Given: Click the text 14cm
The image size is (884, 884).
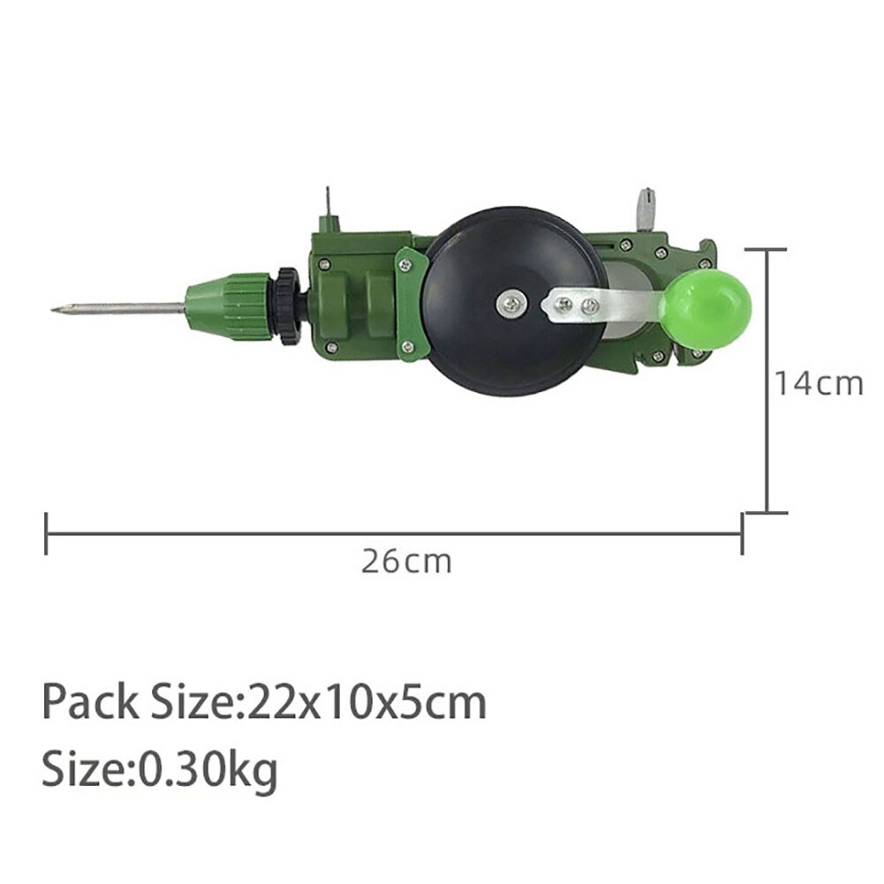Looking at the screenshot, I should tap(819, 384).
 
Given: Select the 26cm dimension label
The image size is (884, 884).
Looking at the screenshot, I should tap(405, 562).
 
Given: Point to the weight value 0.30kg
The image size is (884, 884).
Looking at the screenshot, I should tap(206, 770).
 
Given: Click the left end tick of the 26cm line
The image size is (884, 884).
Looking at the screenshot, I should tap(46, 534).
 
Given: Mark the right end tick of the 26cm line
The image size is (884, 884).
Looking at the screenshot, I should tap(742, 534).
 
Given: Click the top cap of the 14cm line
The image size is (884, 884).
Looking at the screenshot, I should tap(765, 251).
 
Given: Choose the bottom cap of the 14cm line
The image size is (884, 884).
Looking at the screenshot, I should tap(765, 511).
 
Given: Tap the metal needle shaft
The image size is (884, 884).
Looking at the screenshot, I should tap(124, 309).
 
